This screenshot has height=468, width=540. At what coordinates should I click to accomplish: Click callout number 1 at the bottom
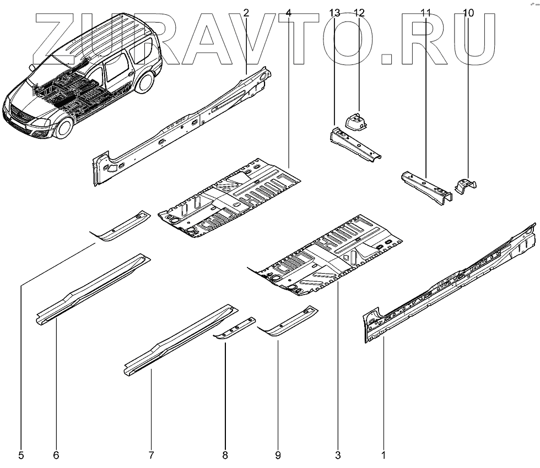click(x=384, y=455)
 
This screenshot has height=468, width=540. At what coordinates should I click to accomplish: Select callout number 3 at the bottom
click(x=338, y=455)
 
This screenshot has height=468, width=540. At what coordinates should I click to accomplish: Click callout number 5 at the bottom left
click(x=21, y=455)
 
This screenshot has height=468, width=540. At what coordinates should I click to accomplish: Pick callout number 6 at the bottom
click(x=56, y=455)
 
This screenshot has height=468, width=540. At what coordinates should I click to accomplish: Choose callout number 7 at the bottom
click(x=150, y=455)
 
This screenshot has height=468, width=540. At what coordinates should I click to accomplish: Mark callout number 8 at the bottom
click(x=225, y=455)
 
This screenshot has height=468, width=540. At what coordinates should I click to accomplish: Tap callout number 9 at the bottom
click(x=278, y=455)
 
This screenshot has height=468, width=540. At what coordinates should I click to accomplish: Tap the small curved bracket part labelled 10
click(x=466, y=186)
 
